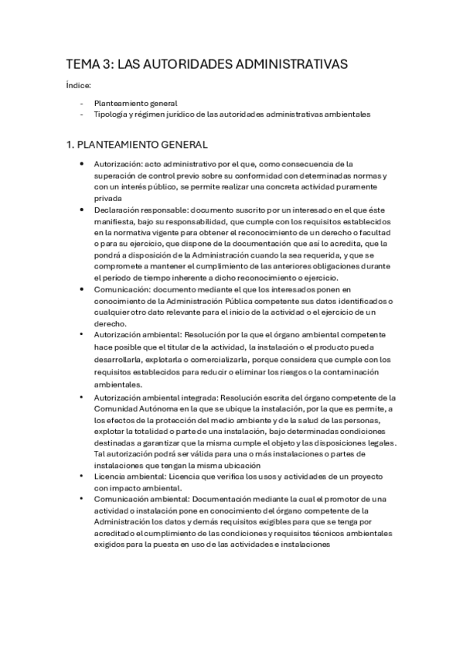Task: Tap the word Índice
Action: pyautogui.click(x=78, y=86)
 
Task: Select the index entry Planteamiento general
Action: pyautogui.click(x=135, y=103)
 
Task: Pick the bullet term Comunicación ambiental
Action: pyautogui.click(x=141, y=499)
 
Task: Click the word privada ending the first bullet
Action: pyautogui.click(x=107, y=197)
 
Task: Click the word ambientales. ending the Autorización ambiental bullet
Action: pyautogui.click(x=118, y=384)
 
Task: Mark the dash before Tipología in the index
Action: pyautogui.click(x=81, y=114)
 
